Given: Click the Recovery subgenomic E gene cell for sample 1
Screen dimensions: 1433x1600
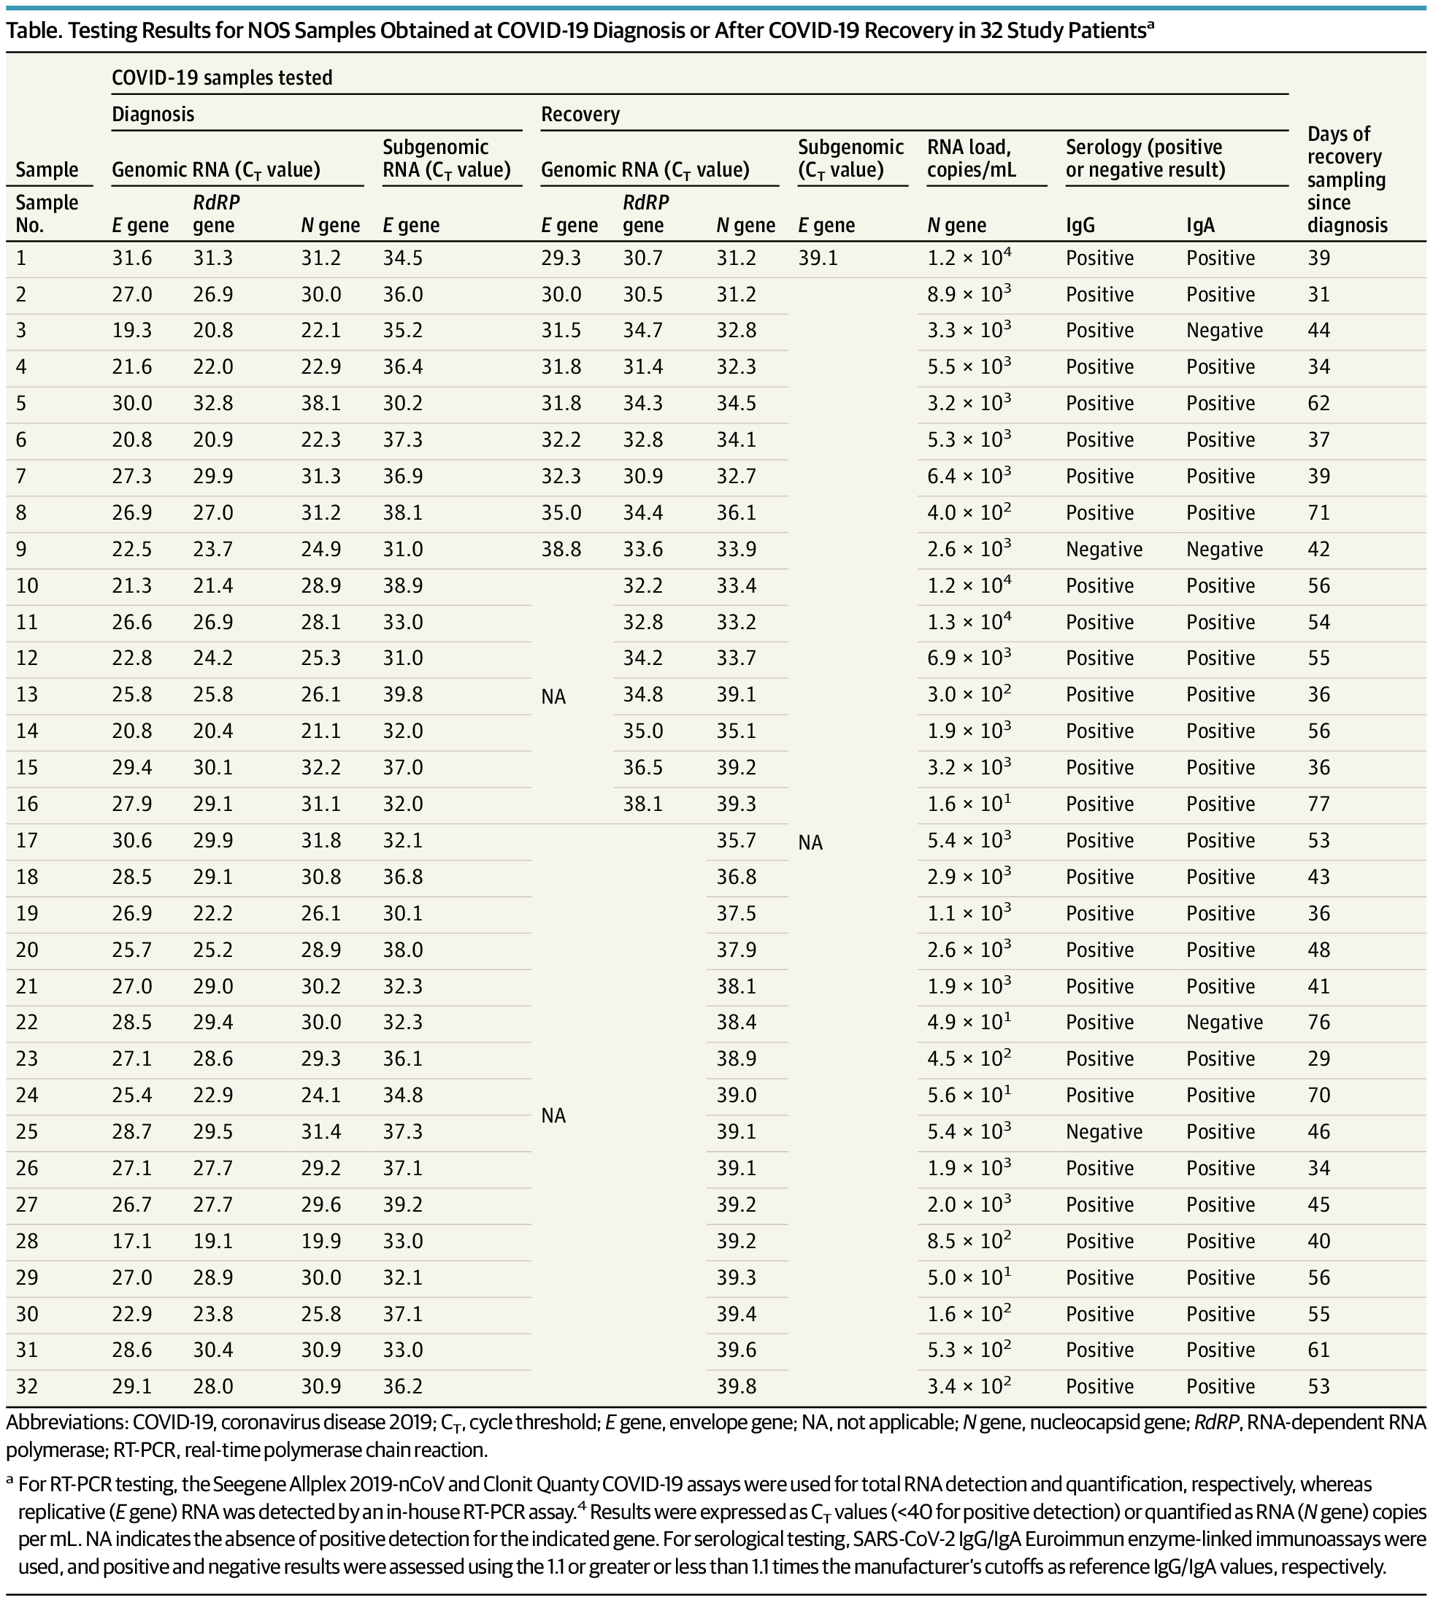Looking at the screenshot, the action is [x=818, y=258].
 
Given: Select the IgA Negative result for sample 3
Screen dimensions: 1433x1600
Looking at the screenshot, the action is [x=1224, y=331].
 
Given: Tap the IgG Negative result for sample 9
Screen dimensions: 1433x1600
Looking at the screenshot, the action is [x=1104, y=550].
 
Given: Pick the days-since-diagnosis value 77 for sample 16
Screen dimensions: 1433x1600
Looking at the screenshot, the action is [x=1319, y=804].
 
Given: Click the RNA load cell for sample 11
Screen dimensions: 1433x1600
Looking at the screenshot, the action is [x=969, y=621].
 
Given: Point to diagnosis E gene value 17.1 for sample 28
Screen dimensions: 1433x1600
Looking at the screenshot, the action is [x=132, y=1241].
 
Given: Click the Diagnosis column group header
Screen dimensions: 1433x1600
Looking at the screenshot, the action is [x=153, y=114].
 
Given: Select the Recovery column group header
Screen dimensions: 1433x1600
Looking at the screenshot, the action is [x=580, y=114].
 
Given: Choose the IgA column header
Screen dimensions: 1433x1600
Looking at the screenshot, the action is [x=1201, y=226].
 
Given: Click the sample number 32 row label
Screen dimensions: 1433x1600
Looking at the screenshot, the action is [x=27, y=1387].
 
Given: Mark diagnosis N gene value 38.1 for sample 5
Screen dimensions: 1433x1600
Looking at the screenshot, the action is [x=320, y=403].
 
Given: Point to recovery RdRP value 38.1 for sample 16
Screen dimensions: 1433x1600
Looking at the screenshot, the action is [x=642, y=804].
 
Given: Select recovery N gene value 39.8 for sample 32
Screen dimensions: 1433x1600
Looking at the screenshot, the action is [x=736, y=1387].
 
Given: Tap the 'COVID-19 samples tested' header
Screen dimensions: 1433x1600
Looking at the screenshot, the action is [x=222, y=78].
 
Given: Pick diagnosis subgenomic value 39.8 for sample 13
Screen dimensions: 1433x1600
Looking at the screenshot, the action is [x=403, y=694].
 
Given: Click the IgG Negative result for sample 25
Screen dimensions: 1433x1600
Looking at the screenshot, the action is [x=1104, y=1131].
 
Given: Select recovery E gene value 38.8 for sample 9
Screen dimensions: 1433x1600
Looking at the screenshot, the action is [x=561, y=550].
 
